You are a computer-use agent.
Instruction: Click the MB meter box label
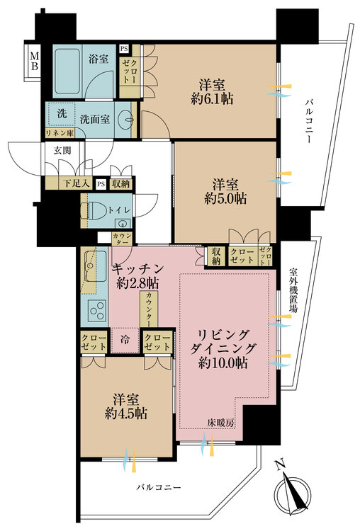point(35,60)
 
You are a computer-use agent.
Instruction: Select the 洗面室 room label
point(95,119)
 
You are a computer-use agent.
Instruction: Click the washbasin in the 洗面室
point(126,119)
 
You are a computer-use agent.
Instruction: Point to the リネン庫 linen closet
point(60,133)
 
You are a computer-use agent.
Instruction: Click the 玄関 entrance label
point(62,150)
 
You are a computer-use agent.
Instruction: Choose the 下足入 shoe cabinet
point(77,183)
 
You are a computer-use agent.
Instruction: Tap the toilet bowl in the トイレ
point(96,210)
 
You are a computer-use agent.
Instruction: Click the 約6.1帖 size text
point(212,99)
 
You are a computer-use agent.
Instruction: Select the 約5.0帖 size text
point(225,199)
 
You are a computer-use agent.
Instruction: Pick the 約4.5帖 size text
point(125,413)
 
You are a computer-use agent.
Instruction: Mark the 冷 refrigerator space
point(125,340)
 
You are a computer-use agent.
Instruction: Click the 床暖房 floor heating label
point(221,423)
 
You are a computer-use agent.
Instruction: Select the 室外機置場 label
point(293,290)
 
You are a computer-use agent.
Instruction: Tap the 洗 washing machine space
point(62,113)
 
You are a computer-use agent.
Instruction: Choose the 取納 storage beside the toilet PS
point(120,184)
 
